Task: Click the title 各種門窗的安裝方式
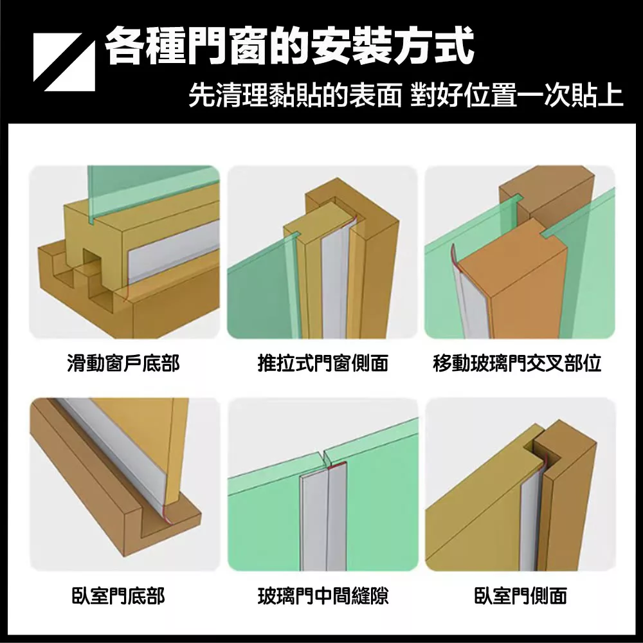pos(289,46)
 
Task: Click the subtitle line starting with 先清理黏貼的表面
pos(406,96)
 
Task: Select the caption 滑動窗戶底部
pos(123,363)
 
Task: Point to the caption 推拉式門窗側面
pos(323,363)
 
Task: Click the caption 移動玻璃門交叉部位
pos(517,363)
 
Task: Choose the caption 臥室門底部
pos(118,596)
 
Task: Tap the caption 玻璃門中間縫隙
pos(323,596)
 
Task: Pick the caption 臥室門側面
pos(521,596)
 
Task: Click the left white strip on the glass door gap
pos(312,521)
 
